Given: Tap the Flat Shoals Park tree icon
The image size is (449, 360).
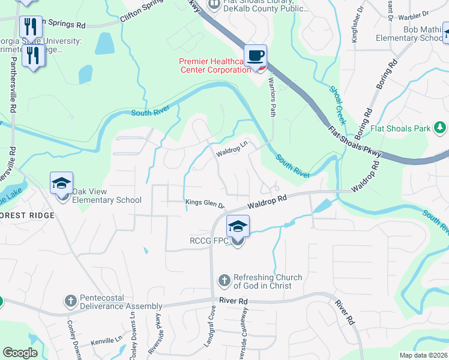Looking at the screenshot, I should point(440,128).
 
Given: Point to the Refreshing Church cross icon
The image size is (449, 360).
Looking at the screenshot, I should point(224,280).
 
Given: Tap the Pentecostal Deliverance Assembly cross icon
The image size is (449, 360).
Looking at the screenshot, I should point(71,300).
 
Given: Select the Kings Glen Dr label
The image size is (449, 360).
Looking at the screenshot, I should point(205,204).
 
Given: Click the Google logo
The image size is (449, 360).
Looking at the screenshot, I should point(20,353).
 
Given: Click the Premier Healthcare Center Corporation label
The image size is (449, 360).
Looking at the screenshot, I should point(215,65).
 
